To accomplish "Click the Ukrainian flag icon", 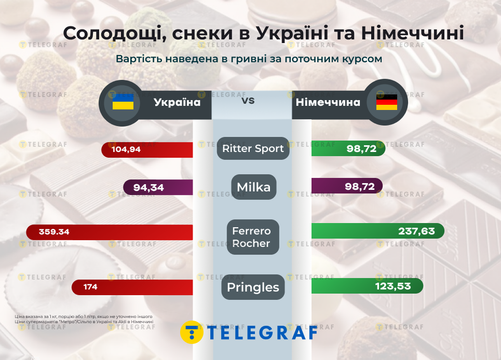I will coord(123,102).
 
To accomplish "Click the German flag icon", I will coord(386,102).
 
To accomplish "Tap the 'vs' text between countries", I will coord(248,100).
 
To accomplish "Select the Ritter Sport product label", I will coord(253,148).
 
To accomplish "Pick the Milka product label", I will coord(253,187).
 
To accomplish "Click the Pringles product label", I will coord(253,287).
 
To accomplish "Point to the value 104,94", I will coord(126,149).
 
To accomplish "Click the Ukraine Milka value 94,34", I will coord(148,187).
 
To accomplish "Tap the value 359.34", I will coord(53,232).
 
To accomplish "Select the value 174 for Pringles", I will coord(90,287).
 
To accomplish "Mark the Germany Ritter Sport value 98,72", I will coord(360,149).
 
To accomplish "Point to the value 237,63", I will coord(416,231).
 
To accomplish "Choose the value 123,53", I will coord(394,286).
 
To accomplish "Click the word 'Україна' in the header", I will coord(177,102).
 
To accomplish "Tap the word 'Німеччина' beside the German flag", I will coord(328,102).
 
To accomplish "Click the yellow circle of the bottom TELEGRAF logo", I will coord(192,332).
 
